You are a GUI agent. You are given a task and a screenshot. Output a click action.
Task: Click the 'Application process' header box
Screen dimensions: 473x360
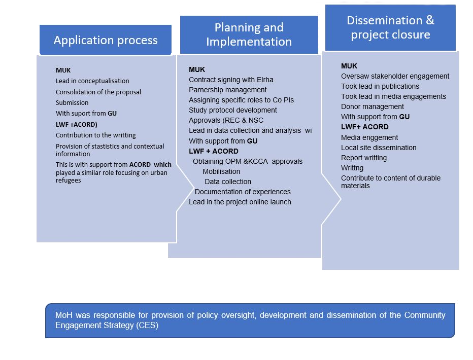106,40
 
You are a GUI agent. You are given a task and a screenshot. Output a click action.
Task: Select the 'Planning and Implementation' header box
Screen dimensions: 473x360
249,34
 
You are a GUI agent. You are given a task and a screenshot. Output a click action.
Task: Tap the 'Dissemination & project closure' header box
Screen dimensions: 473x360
390,28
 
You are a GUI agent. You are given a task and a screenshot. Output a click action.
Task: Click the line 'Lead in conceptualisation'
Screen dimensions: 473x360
92,81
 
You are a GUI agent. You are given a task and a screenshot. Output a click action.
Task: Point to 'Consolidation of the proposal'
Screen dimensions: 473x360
98,92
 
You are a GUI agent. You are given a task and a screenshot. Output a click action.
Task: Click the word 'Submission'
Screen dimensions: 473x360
72,103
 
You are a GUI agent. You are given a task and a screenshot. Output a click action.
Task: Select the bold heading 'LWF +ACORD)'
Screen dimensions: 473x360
76,124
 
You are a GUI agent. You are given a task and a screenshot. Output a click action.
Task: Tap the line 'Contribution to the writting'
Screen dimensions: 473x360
95,135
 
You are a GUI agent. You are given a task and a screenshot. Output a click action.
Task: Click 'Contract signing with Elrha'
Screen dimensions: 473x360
231,80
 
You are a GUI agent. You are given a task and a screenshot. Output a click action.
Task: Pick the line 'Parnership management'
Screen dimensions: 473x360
228,90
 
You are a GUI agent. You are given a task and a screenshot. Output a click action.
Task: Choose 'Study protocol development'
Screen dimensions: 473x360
233,110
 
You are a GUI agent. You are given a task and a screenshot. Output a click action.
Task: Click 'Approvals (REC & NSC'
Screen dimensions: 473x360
226,120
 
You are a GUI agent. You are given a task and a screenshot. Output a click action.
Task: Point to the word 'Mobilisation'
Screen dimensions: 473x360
221,171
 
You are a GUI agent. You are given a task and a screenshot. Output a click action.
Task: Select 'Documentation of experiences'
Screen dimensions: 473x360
243,192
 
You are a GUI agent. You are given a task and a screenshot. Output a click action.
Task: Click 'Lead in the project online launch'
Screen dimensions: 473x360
240,202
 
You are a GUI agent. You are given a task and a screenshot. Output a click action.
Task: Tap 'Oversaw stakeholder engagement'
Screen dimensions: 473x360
395,76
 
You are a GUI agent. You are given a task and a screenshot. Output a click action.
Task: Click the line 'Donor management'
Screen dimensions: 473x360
373,106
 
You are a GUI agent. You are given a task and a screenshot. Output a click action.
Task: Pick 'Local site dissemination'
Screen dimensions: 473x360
379,148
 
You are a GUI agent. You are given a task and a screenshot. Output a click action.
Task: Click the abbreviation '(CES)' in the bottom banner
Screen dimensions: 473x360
147,326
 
